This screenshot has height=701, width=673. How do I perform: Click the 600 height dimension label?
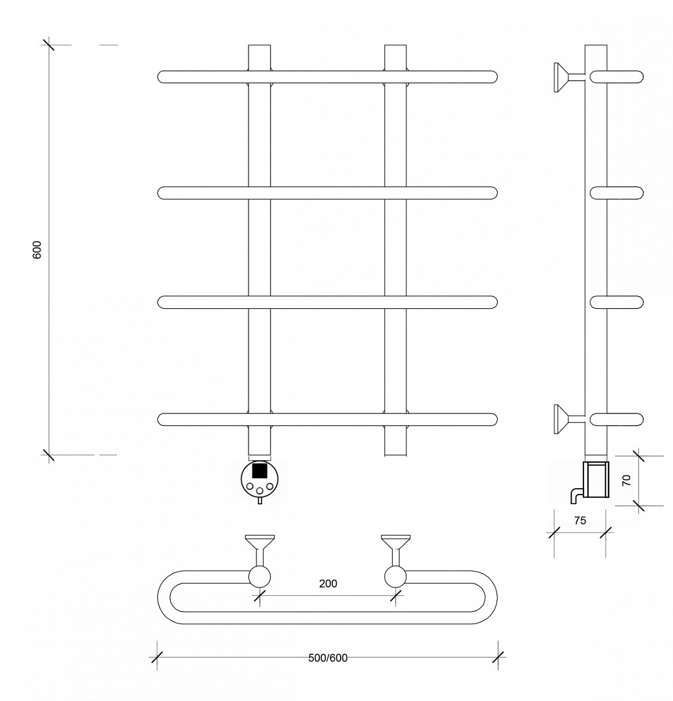37,249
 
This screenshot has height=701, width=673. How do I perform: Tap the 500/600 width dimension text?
328,658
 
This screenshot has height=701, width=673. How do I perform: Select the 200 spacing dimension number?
328,584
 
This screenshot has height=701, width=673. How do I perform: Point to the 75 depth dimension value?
580,521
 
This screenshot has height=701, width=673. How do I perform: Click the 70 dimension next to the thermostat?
626,480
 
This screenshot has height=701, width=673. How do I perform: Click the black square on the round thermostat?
260,471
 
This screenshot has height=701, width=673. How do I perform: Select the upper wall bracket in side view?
569,77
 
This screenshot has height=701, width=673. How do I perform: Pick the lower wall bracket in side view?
569,419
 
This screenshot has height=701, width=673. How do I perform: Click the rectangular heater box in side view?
596,480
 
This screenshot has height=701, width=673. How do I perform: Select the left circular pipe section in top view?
260,576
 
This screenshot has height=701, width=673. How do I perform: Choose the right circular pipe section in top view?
395,576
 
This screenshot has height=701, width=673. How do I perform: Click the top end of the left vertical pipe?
260,45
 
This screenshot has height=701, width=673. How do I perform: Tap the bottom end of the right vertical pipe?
395,455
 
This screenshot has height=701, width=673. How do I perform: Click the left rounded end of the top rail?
160,77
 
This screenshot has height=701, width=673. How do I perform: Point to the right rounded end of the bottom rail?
495,419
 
